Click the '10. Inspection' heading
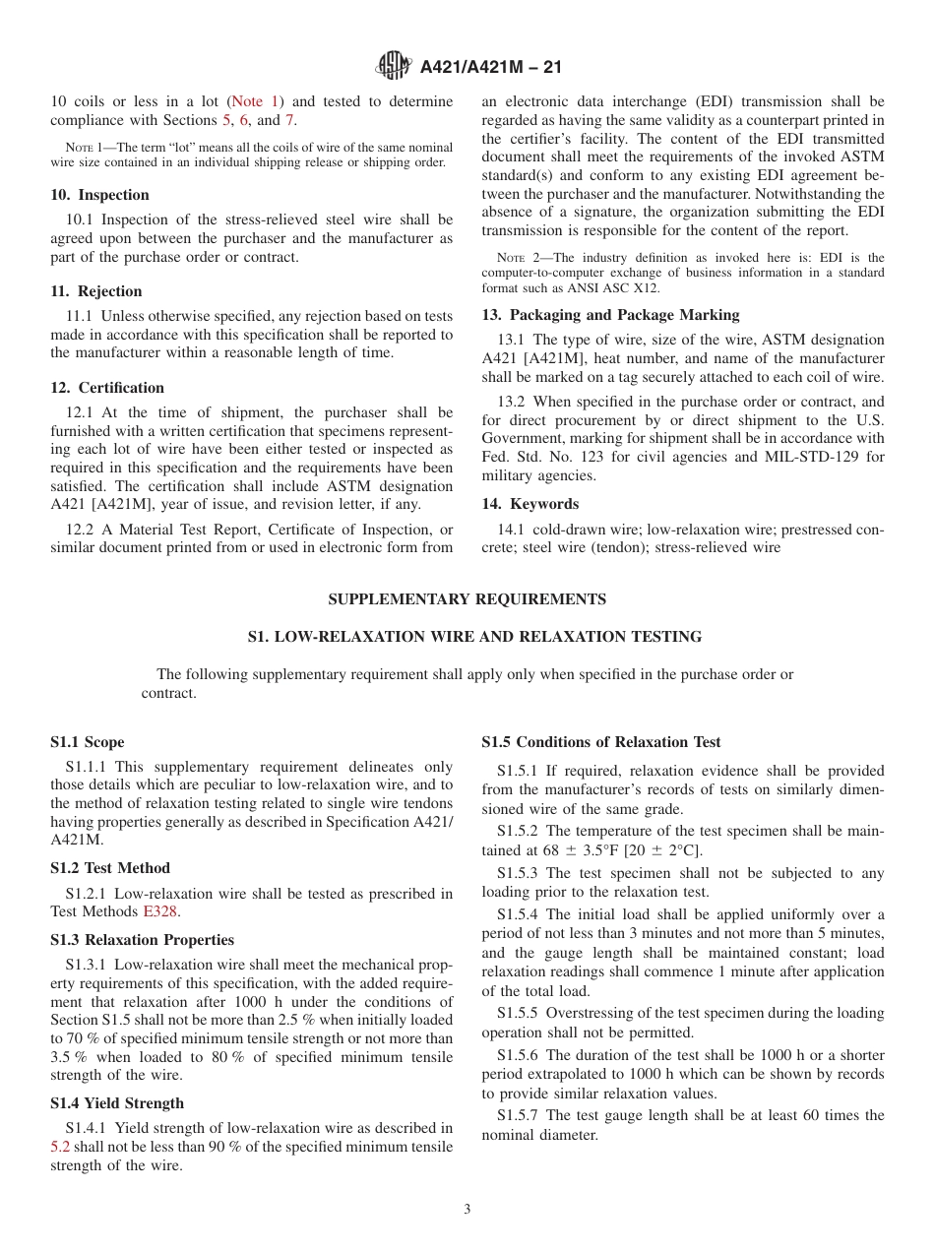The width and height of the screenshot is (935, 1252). tap(99, 195)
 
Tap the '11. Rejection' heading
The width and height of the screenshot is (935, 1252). tap(95, 291)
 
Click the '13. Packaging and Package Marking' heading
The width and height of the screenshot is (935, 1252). tap(610, 315)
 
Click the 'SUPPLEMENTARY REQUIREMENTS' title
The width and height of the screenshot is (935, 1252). tap(467, 599)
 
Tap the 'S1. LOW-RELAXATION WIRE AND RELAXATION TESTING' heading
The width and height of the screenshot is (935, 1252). tap(474, 637)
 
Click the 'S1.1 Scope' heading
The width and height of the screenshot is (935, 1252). tap(88, 742)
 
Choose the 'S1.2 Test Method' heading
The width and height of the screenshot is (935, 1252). tap(110, 868)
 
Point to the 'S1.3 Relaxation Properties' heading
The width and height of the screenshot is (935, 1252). tap(142, 940)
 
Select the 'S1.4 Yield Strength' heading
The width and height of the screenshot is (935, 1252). tap(117, 1103)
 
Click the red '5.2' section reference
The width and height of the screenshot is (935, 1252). tap(60, 1147)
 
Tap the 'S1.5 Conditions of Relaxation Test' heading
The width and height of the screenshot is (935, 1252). tap(600, 742)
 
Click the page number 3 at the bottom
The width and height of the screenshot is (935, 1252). tap(467, 1210)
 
